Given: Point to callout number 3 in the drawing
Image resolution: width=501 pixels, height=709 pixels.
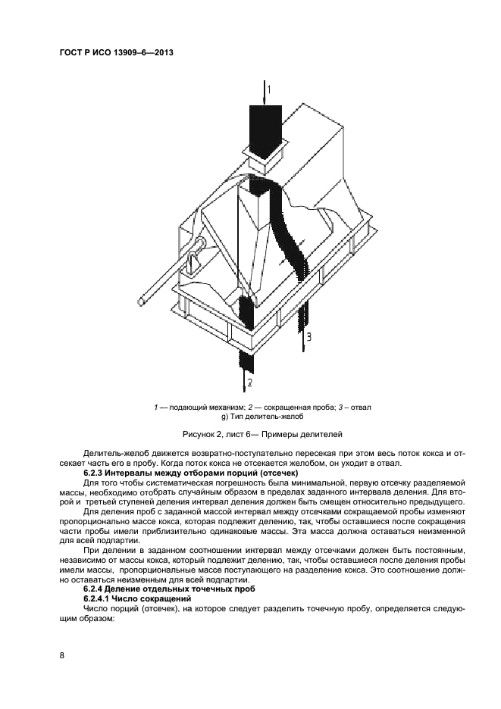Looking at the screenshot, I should pos(308,335).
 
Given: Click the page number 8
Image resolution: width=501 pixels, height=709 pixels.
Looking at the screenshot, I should pos(61,654).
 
